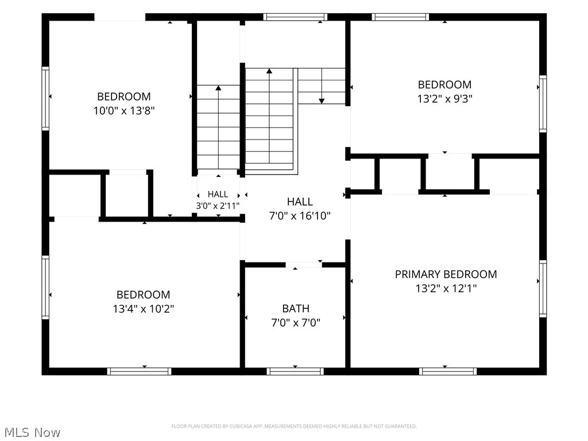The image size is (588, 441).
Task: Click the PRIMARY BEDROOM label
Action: click(x=446, y=274)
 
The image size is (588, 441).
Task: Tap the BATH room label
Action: click(x=296, y=308)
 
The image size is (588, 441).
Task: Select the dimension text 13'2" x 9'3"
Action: click(x=445, y=99)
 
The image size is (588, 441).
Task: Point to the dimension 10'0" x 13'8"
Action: click(x=124, y=111)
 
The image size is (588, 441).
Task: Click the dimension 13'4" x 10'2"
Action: click(x=144, y=308)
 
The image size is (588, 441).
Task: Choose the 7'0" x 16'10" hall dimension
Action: click(x=300, y=216)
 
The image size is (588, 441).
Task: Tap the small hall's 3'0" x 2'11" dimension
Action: click(x=218, y=206)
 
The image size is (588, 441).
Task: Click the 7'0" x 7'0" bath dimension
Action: click(x=296, y=323)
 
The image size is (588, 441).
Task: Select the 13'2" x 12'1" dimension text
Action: click(x=446, y=288)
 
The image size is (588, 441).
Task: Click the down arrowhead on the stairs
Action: click(x=322, y=101)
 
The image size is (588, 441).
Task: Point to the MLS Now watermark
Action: click(x=32, y=432)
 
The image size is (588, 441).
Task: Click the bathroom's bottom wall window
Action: click(x=295, y=372)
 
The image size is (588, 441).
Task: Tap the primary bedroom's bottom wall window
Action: click(x=448, y=372)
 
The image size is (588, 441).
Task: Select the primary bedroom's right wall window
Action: click(x=543, y=289)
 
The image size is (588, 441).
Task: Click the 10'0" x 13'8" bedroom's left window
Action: click(x=45, y=99)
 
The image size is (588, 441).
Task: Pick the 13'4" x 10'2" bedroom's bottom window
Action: click(x=139, y=372)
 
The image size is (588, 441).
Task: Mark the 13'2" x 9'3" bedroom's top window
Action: click(x=400, y=17)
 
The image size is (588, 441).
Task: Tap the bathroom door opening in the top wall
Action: click(x=304, y=265)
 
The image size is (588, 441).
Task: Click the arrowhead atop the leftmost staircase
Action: click(x=218, y=88)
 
